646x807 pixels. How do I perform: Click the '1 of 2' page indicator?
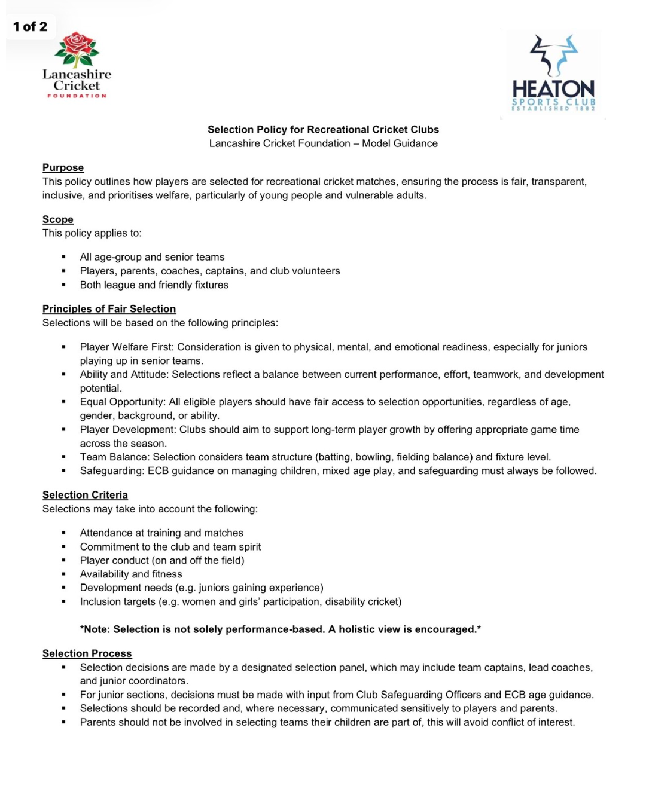(x=30, y=27)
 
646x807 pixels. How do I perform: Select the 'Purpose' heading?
(x=63, y=167)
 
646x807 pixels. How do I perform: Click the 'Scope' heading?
(x=58, y=219)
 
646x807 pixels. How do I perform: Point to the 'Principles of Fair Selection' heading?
(x=109, y=308)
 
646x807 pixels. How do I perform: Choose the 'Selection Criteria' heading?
(x=85, y=494)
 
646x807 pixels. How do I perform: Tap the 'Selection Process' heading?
(x=87, y=653)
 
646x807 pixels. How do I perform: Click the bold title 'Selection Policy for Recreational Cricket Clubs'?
(x=323, y=129)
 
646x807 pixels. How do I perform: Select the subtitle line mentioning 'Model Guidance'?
(x=323, y=143)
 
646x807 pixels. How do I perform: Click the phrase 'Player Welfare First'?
(x=126, y=347)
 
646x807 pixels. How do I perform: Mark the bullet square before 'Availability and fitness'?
(x=63, y=574)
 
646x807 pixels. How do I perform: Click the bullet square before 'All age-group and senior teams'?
(x=63, y=257)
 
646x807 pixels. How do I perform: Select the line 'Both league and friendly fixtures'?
(x=154, y=285)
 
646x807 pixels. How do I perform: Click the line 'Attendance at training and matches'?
(x=161, y=533)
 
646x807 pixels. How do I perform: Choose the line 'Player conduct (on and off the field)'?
(x=162, y=560)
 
